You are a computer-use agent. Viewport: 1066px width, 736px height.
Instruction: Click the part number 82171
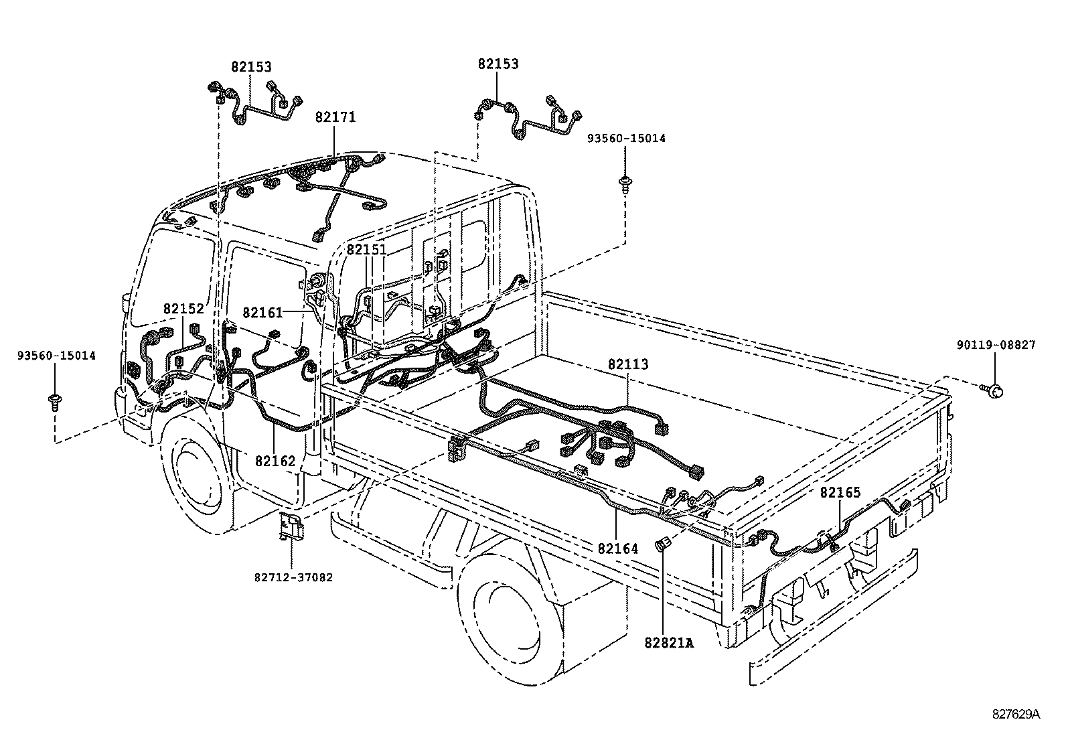click(335, 117)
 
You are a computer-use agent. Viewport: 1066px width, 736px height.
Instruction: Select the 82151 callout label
click(366, 249)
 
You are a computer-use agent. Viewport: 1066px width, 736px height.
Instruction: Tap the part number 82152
click(183, 309)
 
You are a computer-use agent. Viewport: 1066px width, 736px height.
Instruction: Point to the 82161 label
click(262, 313)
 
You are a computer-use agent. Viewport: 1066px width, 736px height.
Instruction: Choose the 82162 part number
click(275, 461)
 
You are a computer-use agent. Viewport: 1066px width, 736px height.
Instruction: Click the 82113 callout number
click(628, 364)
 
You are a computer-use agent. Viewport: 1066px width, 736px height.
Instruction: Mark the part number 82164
click(618, 549)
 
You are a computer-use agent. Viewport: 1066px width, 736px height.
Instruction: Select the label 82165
click(840, 493)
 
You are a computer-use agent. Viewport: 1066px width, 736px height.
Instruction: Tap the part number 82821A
click(669, 643)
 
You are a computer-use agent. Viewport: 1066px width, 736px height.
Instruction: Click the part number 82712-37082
click(294, 577)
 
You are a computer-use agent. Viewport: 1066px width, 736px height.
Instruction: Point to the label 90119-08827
click(996, 345)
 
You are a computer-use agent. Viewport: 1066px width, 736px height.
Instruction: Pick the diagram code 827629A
click(1016, 715)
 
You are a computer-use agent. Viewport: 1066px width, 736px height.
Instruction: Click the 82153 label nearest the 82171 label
click(251, 67)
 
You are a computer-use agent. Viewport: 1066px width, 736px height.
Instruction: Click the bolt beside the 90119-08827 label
click(993, 391)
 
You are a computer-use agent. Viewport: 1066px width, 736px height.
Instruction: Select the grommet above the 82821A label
click(662, 543)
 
